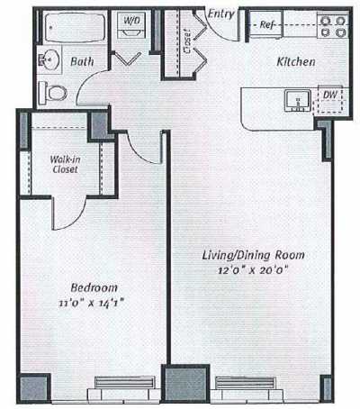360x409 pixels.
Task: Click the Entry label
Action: point(220,14)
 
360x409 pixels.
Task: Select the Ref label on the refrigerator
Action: point(267,25)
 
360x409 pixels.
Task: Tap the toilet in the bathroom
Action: point(56,90)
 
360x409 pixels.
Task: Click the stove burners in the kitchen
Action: point(334,26)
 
